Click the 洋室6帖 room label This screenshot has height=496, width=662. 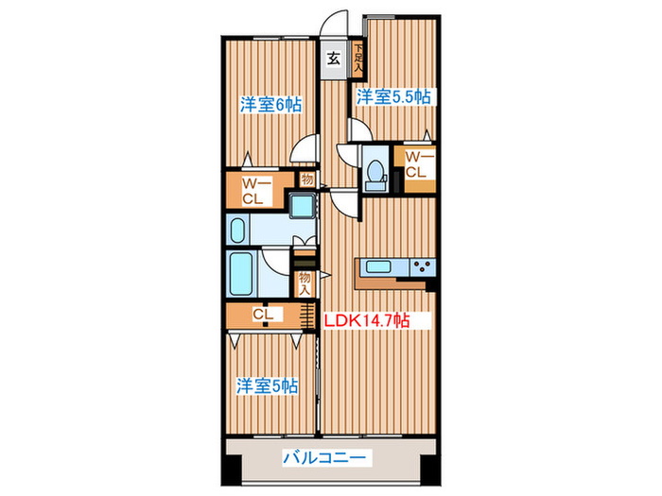point(270,106)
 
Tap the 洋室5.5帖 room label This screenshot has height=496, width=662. point(393,97)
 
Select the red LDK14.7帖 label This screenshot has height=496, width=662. point(367,320)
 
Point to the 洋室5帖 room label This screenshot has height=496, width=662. point(268,385)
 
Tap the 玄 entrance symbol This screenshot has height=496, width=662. point(335,59)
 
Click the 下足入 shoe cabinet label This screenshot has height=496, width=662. point(358,57)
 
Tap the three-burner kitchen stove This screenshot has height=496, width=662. point(420,267)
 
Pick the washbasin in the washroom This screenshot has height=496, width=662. point(237,230)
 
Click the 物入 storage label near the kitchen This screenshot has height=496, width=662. point(305,282)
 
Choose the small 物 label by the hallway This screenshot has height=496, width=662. point(306,179)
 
